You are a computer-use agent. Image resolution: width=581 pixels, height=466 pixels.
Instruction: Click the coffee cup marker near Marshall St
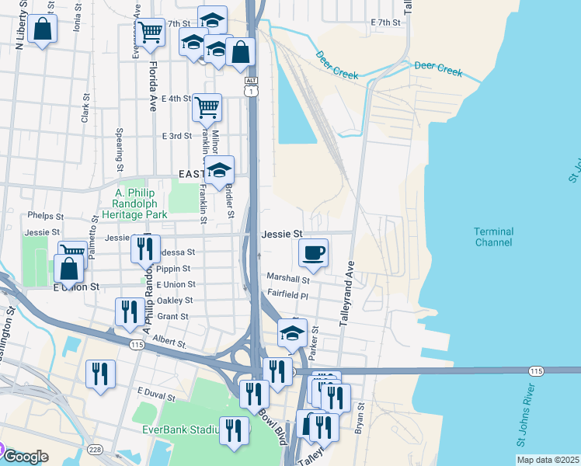coord(313,252)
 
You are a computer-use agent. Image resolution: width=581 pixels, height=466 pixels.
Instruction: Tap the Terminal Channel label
coord(493,237)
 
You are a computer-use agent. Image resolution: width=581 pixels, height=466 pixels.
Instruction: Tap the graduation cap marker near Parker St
coord(292,333)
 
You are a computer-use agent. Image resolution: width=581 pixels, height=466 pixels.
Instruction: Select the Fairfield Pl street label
coord(288,295)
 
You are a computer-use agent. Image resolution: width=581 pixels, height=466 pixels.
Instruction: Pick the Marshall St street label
coord(288,277)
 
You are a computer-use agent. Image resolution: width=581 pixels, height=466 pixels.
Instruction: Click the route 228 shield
coord(95,450)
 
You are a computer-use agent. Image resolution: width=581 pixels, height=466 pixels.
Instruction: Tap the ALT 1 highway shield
coord(251,87)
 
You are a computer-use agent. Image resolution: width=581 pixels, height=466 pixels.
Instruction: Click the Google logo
coord(26,456)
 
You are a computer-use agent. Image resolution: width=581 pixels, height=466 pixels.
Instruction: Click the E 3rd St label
coord(176,136)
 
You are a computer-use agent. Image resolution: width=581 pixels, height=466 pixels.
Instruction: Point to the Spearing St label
coord(120,150)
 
